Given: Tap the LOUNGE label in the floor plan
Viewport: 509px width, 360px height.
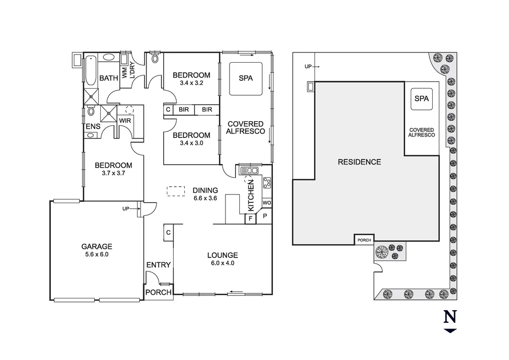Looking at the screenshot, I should (x=222, y=255).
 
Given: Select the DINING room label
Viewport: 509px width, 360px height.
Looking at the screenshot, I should (x=205, y=190).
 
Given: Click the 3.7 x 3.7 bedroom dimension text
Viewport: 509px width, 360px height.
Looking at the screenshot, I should (x=114, y=173).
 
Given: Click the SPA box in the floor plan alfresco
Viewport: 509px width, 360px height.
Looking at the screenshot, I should (x=246, y=78).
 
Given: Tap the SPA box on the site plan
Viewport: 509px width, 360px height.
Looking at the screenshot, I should (x=421, y=98).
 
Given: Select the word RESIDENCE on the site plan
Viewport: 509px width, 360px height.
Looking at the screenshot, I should (x=359, y=162).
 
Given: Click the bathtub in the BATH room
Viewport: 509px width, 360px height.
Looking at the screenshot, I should (x=90, y=70).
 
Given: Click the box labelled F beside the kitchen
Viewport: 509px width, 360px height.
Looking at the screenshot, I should (x=250, y=218).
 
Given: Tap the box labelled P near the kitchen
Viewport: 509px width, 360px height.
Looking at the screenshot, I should (x=265, y=216).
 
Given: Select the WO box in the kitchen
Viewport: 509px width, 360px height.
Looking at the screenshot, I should (x=267, y=203).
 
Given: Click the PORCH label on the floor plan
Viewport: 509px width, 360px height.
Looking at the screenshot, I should (x=158, y=292).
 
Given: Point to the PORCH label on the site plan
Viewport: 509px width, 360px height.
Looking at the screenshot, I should (x=364, y=240).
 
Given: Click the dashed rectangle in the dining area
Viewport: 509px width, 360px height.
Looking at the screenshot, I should (x=176, y=191).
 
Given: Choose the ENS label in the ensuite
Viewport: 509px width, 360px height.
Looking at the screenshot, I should (x=92, y=126).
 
